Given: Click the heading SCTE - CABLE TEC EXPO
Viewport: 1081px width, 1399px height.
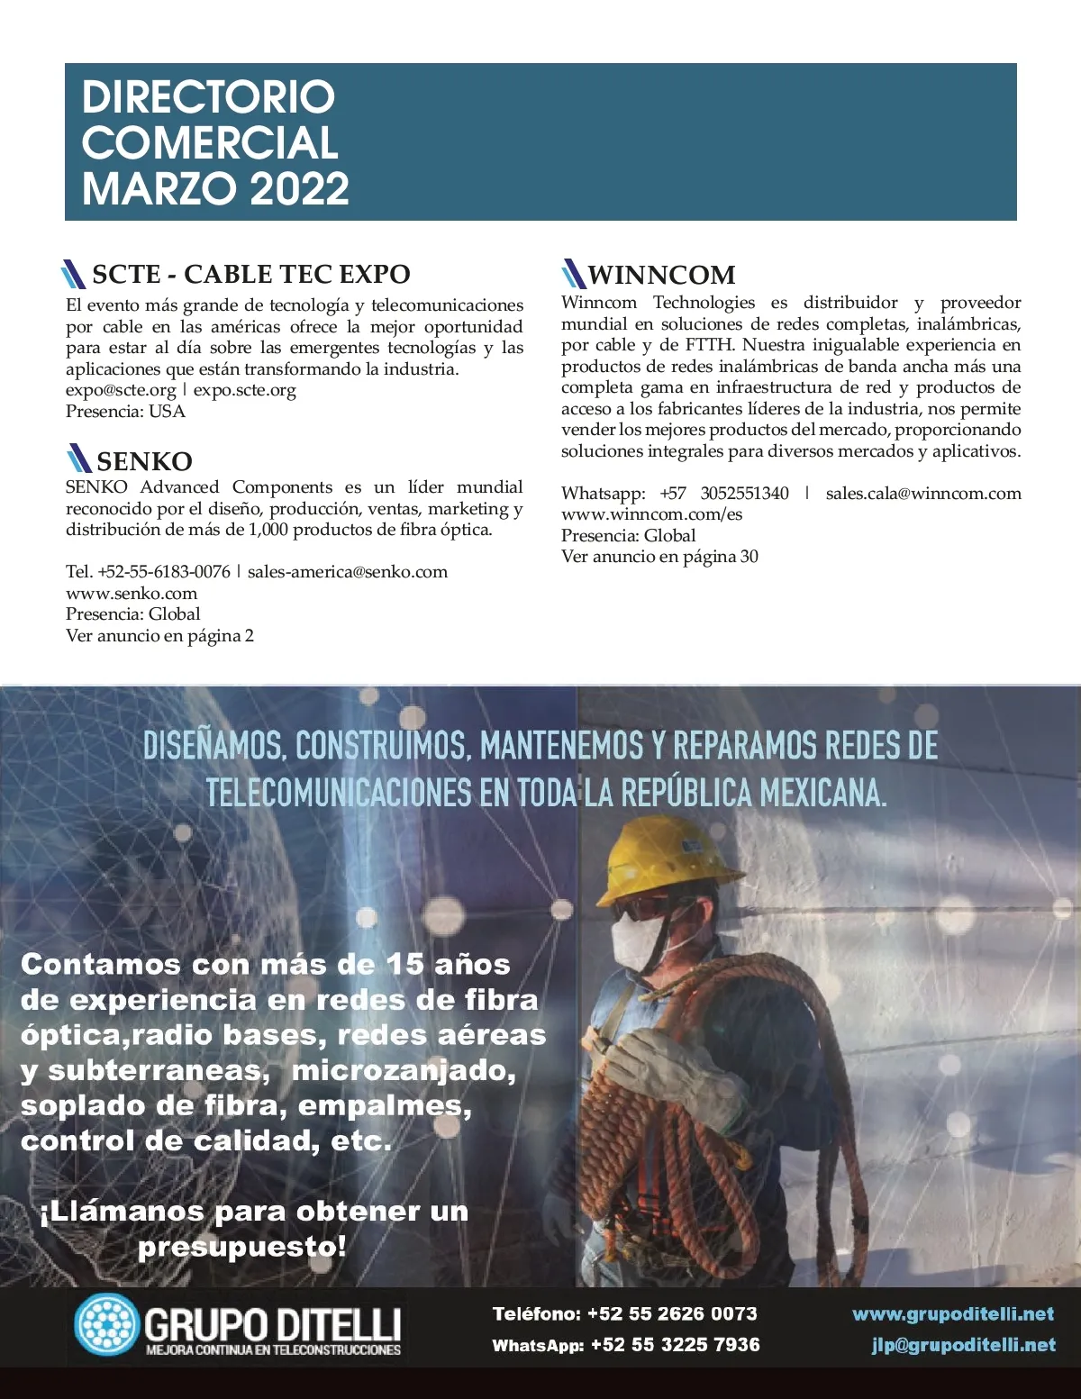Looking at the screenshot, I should coord(250,274).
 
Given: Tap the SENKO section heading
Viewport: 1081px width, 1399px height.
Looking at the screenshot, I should coord(144,461).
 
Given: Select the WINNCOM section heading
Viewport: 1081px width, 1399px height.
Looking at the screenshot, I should coord(661,275).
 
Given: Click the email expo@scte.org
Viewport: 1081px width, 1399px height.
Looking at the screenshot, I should coord(121,390).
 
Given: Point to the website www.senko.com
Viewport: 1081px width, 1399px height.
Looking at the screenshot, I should coord(132,593).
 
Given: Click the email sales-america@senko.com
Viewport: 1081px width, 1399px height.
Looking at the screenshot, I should coord(347,571).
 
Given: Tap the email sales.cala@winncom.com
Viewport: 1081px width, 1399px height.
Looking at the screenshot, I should coord(923,493).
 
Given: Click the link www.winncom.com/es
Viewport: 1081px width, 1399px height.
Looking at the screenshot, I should coord(651,513).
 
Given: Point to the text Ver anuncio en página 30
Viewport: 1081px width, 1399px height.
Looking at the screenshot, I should coord(659,556).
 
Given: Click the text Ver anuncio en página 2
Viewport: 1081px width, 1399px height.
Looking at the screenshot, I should coord(159,635).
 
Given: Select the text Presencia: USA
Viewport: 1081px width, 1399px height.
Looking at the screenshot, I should coord(125,411).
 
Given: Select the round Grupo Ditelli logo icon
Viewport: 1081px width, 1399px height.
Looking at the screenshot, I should coord(106,1324).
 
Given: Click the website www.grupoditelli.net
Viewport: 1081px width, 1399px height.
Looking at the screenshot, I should coord(953,1313).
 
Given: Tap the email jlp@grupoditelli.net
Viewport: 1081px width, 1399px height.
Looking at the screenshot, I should coord(963,1345).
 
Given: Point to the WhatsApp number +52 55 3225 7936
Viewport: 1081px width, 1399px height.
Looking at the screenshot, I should coord(675,1345).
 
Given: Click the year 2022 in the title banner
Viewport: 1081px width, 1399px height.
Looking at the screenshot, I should coord(298,188).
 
